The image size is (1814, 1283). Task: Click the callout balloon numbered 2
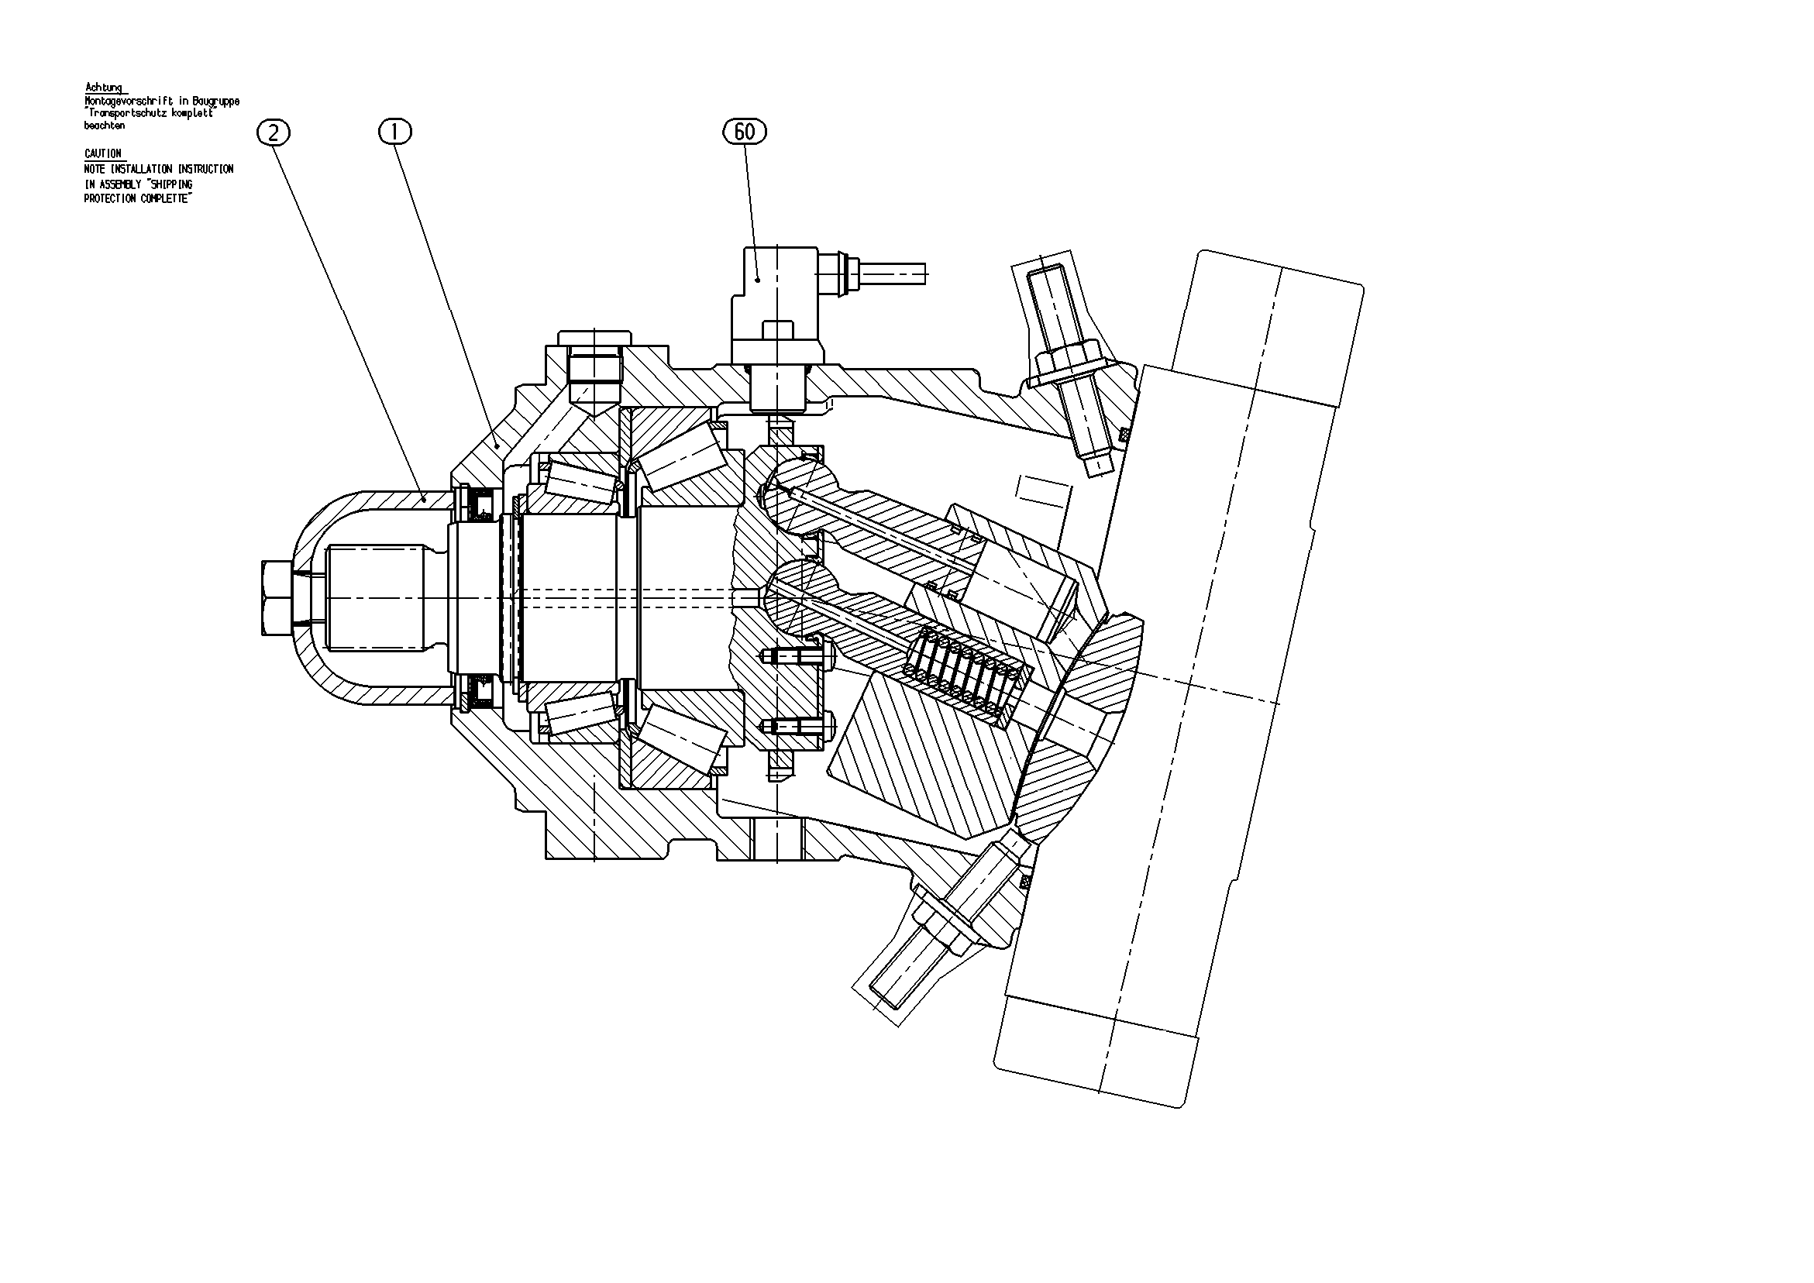tap(274, 132)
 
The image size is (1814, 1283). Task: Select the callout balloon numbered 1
tap(396, 131)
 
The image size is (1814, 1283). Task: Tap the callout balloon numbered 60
tap(744, 131)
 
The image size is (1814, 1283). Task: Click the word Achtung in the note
tap(104, 88)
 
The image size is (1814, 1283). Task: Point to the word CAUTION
tap(104, 154)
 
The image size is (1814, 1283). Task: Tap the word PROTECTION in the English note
tap(110, 199)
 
